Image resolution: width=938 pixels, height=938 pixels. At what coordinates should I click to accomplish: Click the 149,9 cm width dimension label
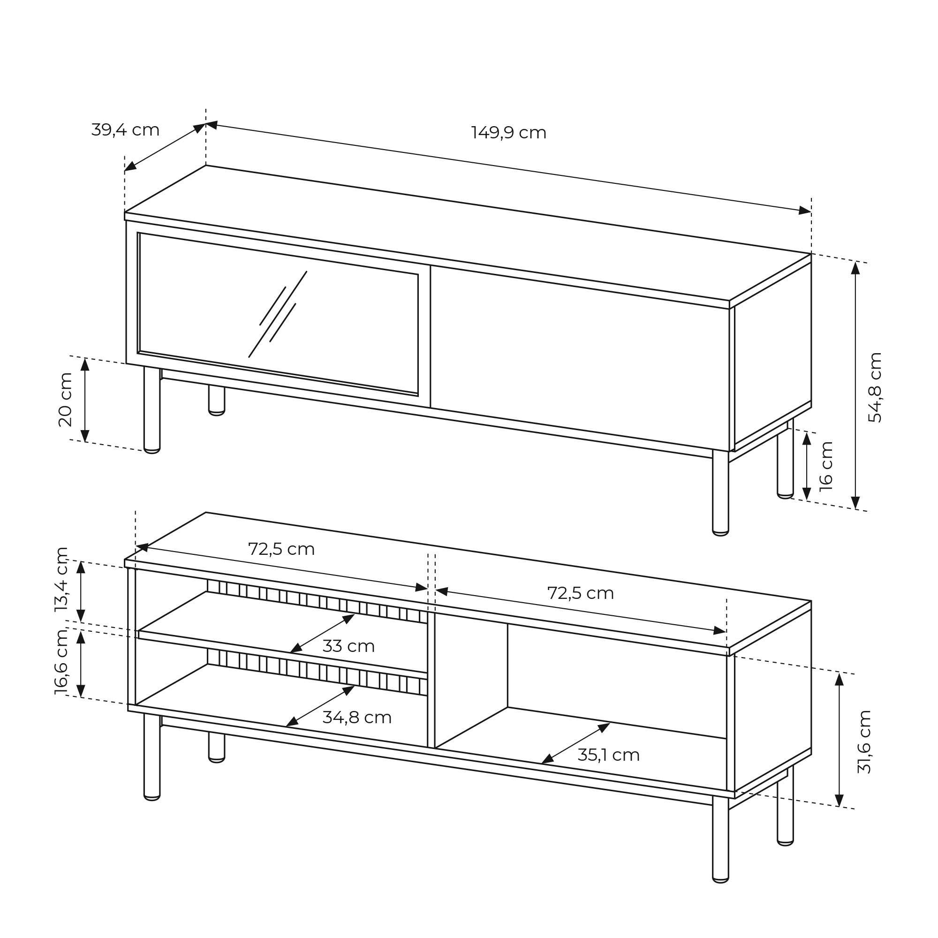click(x=508, y=133)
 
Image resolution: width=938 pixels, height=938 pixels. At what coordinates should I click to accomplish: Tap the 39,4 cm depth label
click(x=125, y=129)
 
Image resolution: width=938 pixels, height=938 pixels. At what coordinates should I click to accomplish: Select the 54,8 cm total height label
click(x=874, y=387)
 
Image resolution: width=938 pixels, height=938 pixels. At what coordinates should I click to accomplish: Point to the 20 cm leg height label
click(x=65, y=400)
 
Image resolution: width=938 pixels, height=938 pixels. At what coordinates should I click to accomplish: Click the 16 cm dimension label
click(x=826, y=466)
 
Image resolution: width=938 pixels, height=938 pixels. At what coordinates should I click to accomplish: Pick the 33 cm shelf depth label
click(x=348, y=646)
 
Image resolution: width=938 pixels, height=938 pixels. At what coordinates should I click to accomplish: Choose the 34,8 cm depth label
click(x=357, y=717)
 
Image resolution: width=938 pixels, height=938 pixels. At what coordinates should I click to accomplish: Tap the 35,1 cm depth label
click(x=608, y=755)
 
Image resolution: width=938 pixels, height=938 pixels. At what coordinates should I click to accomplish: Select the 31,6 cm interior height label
click(x=864, y=741)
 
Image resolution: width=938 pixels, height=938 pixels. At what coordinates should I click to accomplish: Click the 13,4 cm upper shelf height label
click(x=61, y=579)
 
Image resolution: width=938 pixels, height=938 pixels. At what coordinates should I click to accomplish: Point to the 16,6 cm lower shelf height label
click(x=61, y=662)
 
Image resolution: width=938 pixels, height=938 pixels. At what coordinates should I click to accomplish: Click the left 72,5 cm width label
click(x=281, y=549)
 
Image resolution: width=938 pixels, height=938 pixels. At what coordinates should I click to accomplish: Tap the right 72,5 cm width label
click(x=580, y=593)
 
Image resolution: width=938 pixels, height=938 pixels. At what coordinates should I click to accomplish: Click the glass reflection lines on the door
click(x=278, y=314)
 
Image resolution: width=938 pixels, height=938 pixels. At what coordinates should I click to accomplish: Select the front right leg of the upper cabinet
click(x=720, y=492)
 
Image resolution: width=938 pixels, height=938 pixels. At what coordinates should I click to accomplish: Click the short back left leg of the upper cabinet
click(x=217, y=401)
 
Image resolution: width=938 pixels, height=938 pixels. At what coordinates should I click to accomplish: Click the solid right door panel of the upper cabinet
click(x=580, y=358)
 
